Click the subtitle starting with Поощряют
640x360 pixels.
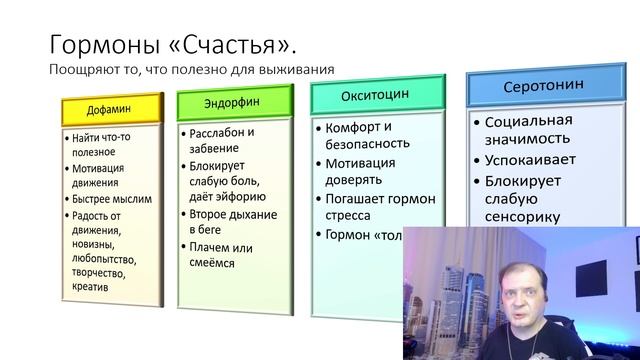(x=190, y=70)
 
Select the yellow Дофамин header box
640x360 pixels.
(x=110, y=107)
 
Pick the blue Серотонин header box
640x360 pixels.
(x=529, y=88)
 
